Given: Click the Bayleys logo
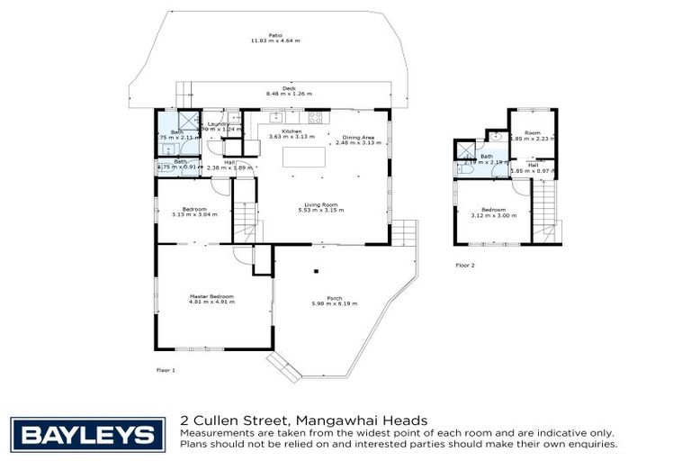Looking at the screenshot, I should [87, 435].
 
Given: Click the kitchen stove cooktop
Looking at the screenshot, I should [316, 117].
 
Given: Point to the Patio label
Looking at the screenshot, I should [262, 37].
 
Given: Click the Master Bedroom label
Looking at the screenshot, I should [211, 296].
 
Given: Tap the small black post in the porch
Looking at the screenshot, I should [316, 270].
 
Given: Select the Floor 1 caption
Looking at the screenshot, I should [166, 370].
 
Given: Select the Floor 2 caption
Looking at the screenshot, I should [464, 266].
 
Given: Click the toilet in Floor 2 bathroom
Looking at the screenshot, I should [462, 168].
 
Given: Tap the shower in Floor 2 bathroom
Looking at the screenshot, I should [466, 149].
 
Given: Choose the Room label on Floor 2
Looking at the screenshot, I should [533, 132].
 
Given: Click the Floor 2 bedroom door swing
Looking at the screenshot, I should [520, 185].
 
